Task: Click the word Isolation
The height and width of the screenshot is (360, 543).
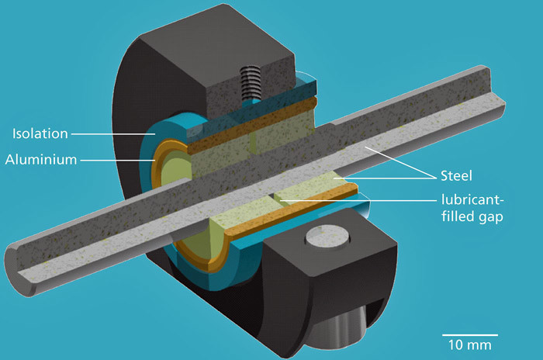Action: coord(40,133)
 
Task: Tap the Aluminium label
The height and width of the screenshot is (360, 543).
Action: coord(41,160)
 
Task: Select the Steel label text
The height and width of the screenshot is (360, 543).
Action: coord(456,176)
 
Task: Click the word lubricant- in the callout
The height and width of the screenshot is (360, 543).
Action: coord(472,199)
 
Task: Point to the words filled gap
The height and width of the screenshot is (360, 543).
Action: coord(472,217)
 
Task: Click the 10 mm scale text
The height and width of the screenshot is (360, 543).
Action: coord(469,345)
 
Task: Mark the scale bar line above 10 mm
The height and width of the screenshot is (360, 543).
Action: coord(470,335)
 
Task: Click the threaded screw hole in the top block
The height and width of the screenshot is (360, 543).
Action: coord(250,83)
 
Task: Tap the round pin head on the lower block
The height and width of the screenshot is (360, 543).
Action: coord(327,237)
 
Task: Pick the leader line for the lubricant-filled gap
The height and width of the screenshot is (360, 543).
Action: coord(358,200)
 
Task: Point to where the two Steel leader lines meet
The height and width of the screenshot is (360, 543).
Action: coord(436,178)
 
